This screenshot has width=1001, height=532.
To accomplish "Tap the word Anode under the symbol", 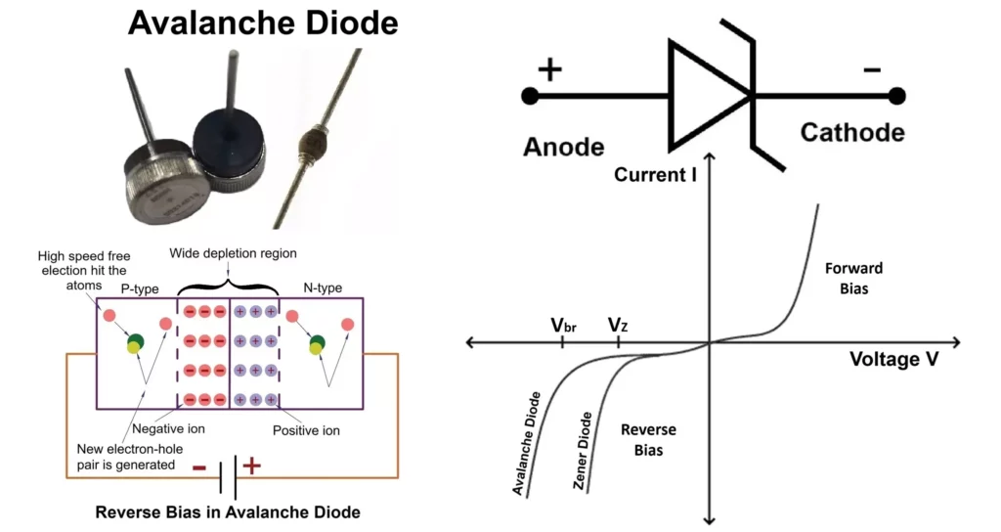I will (x=563, y=147).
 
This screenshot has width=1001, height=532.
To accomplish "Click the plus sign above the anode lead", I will (x=550, y=68).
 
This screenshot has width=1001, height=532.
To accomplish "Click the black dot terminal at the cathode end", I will (x=896, y=96).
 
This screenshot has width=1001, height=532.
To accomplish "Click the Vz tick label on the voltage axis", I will (x=618, y=324).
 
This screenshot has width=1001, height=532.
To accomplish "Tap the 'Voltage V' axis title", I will (x=894, y=359).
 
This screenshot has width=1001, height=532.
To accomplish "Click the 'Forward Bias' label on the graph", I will (x=853, y=279).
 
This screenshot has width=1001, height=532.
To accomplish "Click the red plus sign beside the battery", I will (x=251, y=466).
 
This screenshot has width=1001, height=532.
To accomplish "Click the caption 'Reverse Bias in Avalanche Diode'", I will (x=227, y=511).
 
